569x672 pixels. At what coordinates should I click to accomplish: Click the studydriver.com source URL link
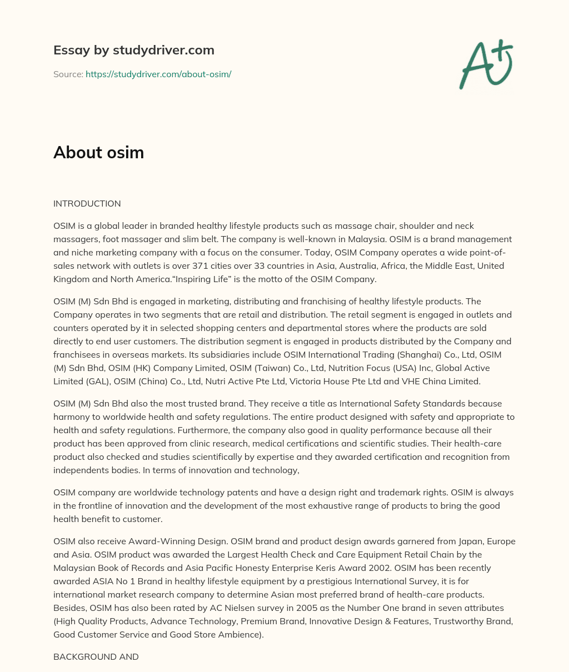[x=158, y=74]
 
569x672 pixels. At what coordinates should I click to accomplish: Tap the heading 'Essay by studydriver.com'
[x=133, y=50]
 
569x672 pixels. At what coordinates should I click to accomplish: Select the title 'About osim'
[x=98, y=152]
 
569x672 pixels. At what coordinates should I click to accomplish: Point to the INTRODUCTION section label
[x=87, y=203]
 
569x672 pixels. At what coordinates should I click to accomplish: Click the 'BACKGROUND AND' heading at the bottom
[x=96, y=656]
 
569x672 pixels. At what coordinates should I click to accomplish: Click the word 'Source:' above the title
[x=68, y=74]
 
